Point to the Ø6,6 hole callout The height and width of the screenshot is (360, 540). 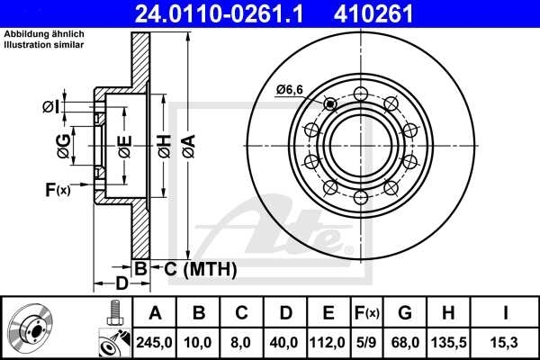pyautogui.click(x=290, y=89)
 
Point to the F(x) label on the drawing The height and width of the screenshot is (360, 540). pyautogui.click(x=57, y=190)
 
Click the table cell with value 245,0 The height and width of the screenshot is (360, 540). pyautogui.click(x=156, y=342)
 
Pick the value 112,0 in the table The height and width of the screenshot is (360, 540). pyautogui.click(x=328, y=342)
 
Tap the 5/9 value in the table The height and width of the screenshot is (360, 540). pyautogui.click(x=365, y=342)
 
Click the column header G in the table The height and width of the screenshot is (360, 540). pyautogui.click(x=404, y=314)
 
